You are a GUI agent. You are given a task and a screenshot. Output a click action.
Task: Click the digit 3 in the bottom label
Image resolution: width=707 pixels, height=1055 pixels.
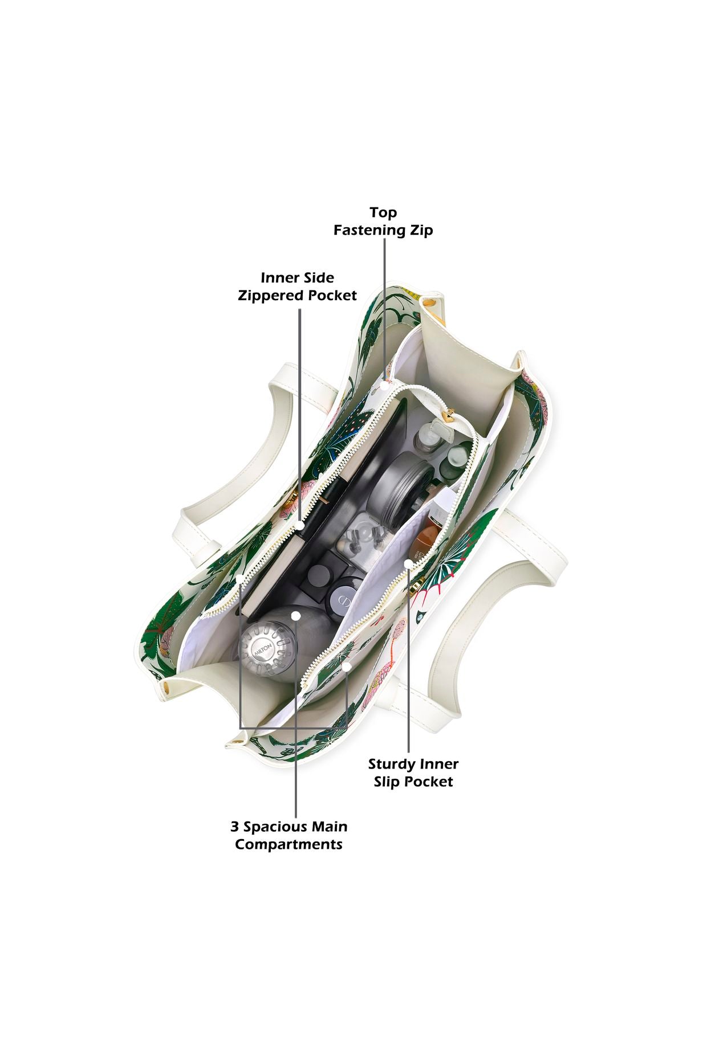coord(234,827)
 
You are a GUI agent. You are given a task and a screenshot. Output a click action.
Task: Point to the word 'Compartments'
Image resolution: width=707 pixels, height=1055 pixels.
coord(289,844)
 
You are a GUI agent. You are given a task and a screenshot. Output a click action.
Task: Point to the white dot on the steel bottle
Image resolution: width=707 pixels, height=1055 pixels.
coord(295,616)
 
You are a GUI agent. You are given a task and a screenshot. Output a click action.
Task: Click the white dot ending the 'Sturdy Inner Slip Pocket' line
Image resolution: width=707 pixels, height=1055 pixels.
coord(408,563)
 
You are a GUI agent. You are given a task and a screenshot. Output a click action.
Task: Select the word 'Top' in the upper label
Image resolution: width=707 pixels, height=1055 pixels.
coord(383,212)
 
